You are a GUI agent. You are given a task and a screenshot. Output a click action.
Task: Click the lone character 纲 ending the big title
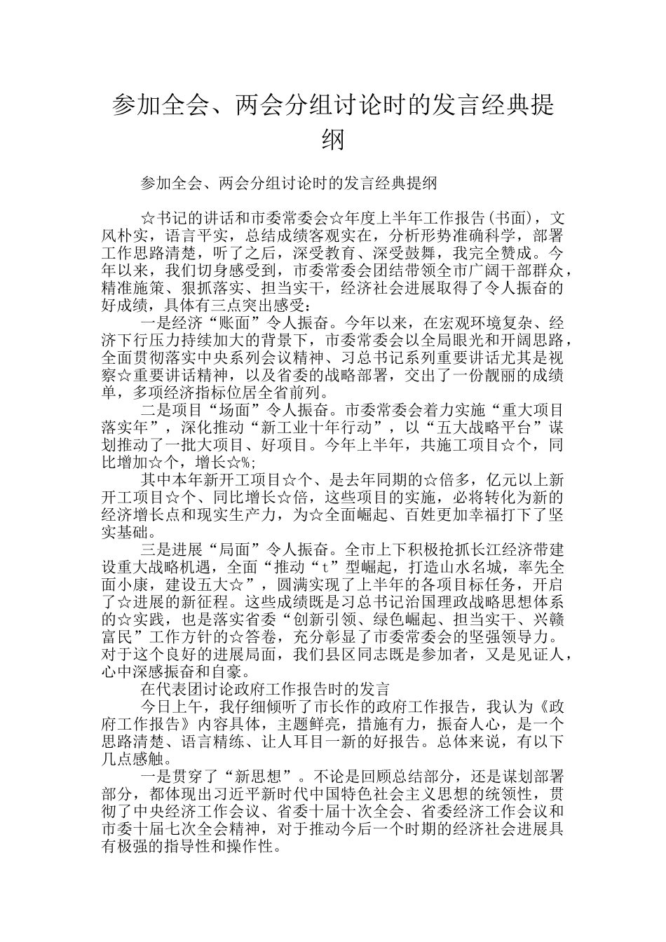pyautogui.click(x=333, y=139)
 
